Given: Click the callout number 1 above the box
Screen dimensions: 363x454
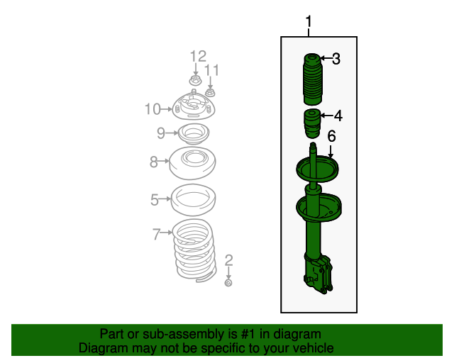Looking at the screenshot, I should tap(309, 23).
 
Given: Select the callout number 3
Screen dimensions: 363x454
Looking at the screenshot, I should tap(336, 59).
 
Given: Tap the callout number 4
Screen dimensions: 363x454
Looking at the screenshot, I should tap(338, 116).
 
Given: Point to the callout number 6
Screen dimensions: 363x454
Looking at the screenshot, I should tap(331, 136).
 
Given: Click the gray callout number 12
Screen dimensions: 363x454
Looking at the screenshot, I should tap(197, 56).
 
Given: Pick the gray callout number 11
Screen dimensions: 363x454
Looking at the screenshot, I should tap(212, 70).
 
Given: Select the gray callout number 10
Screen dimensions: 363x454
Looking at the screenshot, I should tap(153, 108).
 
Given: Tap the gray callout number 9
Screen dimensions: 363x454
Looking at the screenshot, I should tap(161, 132).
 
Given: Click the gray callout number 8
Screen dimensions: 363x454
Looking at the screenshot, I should tap(154, 162).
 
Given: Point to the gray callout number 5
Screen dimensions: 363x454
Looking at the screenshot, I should tap(155, 200).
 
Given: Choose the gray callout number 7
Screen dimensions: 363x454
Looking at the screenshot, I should tap(157, 233).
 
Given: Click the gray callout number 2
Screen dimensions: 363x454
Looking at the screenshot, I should tap(228, 259).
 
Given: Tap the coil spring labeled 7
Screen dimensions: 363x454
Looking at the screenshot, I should tap(192, 250).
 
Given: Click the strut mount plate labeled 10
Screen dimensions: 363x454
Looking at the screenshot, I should tap(194, 108).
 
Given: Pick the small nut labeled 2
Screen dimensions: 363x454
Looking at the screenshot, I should tap(228, 284).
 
